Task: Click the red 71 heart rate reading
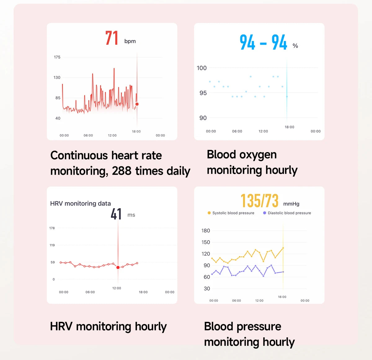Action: (x=112, y=38)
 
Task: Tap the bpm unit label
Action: (x=130, y=41)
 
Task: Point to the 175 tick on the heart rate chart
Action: (x=57, y=57)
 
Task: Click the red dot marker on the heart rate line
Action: (x=137, y=104)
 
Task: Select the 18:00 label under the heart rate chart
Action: (x=136, y=132)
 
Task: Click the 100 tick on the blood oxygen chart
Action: (x=202, y=68)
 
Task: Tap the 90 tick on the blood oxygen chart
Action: (x=203, y=118)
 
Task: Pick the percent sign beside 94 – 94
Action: (x=295, y=46)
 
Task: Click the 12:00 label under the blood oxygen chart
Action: (x=263, y=131)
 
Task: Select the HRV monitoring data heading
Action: (x=81, y=204)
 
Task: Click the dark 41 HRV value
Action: (x=116, y=214)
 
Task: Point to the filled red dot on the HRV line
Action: (x=118, y=268)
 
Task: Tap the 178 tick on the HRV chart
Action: (x=52, y=228)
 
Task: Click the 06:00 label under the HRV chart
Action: (x=90, y=292)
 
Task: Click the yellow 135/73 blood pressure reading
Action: (x=259, y=200)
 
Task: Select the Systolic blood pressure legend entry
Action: (x=231, y=213)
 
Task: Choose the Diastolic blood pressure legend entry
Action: (x=287, y=213)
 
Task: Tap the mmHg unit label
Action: (x=291, y=204)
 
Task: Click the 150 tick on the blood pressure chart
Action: (x=206, y=242)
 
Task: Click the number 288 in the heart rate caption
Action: (x=122, y=171)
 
